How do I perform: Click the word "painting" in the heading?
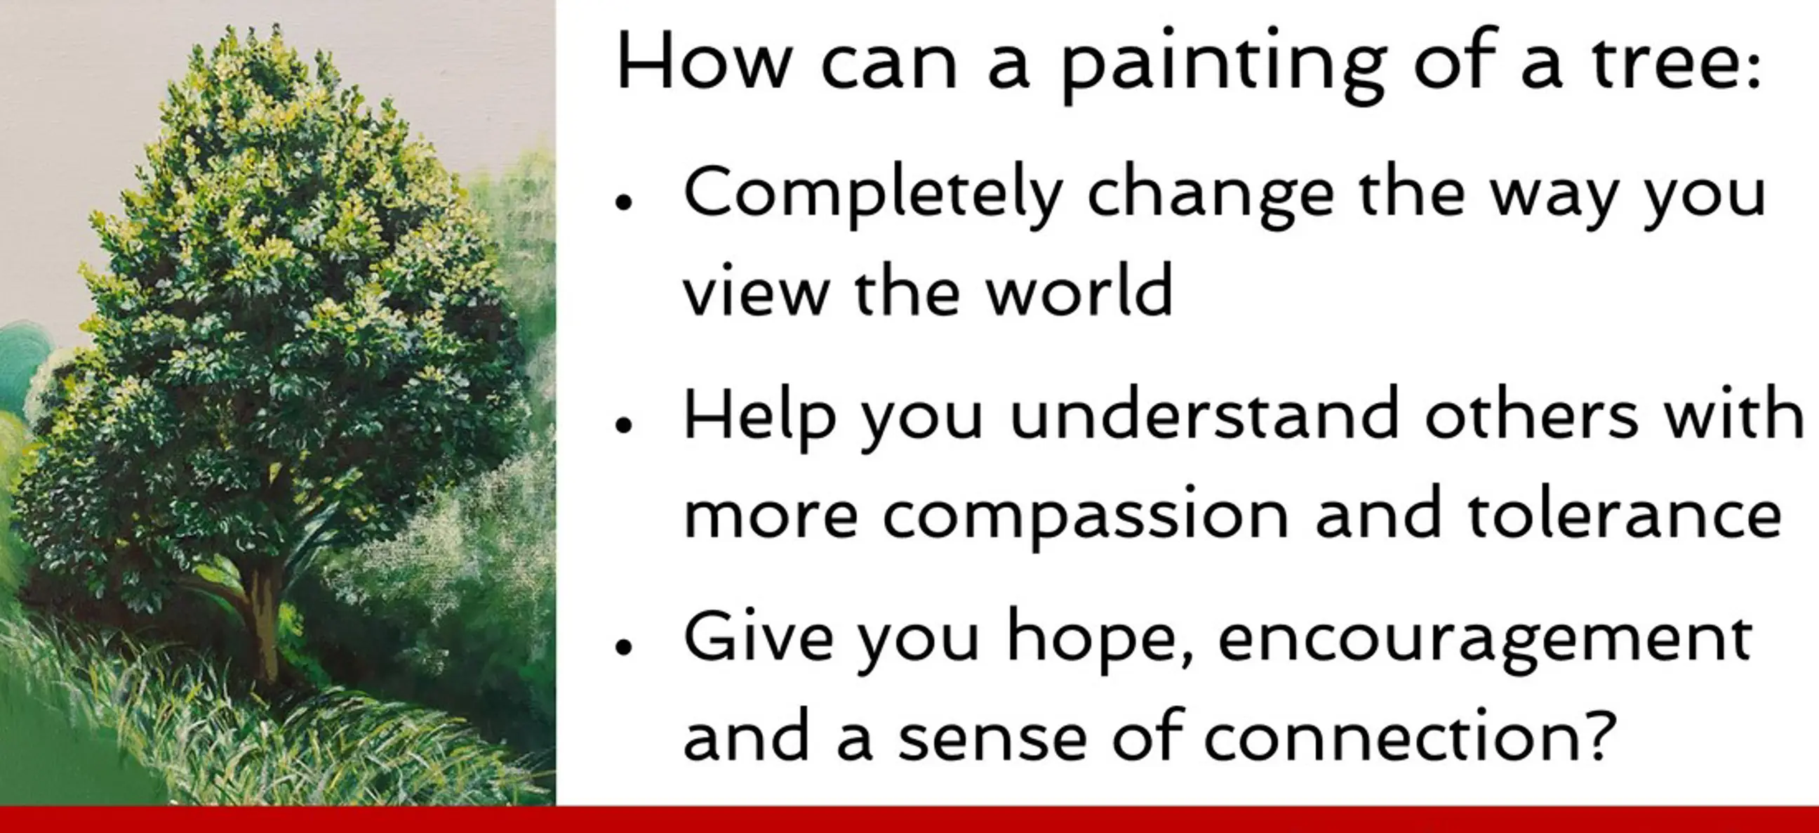coord(1225,65)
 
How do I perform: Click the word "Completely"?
coord(874,194)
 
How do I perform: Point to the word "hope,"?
coord(1099,638)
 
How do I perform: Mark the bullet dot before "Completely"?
coord(623,202)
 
